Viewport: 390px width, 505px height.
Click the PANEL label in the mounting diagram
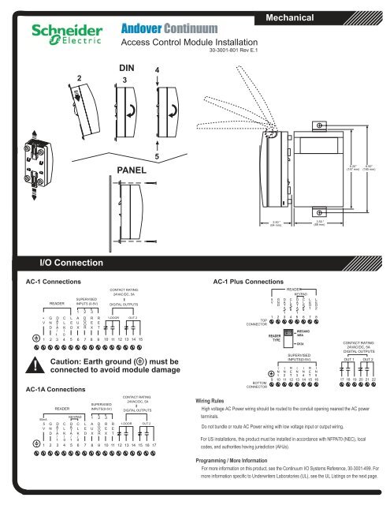pos(133,170)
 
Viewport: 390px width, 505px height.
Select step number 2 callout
pos(79,77)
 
